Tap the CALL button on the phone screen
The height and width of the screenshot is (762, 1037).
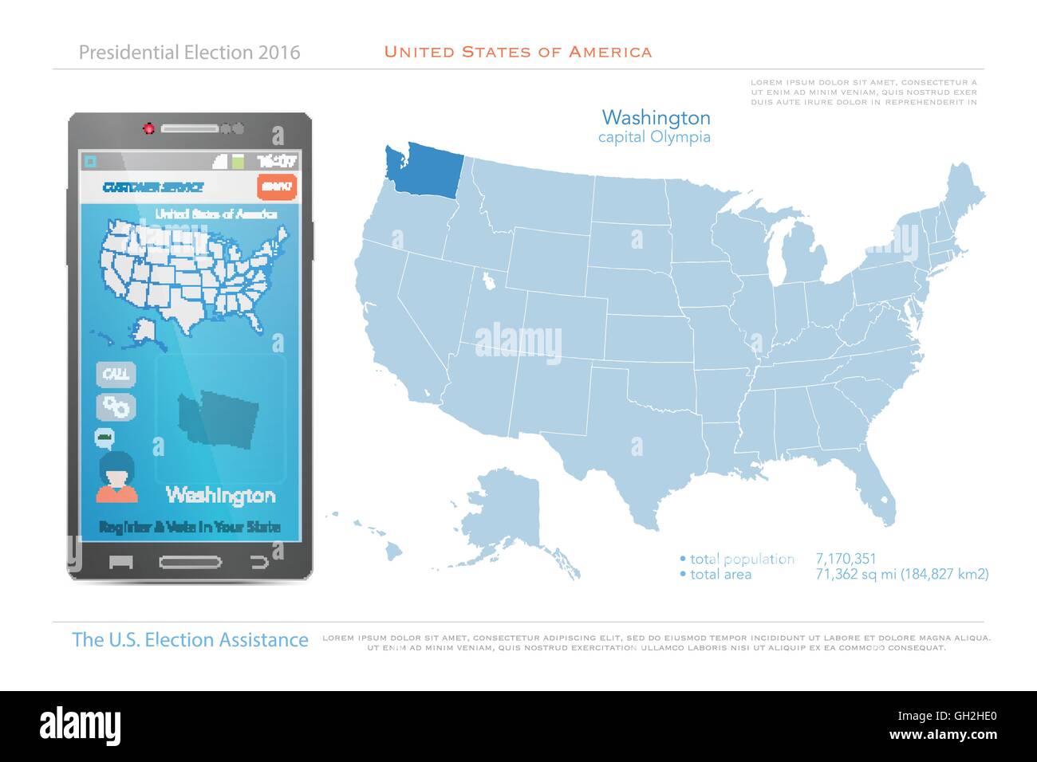coord(116,374)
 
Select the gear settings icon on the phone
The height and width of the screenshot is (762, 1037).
coord(116,407)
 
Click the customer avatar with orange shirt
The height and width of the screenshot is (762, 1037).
coord(116,477)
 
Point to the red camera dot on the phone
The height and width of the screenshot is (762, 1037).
coord(148,128)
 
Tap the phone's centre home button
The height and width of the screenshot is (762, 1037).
coord(191,561)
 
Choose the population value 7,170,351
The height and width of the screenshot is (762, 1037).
coord(846,559)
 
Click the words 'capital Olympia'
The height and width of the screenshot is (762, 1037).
coord(654,137)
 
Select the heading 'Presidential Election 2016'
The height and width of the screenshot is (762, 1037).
coord(190,53)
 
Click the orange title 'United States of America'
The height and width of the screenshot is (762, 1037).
coord(518,52)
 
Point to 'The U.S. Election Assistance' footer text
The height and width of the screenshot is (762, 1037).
coord(190,639)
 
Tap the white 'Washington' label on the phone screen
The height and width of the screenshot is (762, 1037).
coord(220,495)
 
